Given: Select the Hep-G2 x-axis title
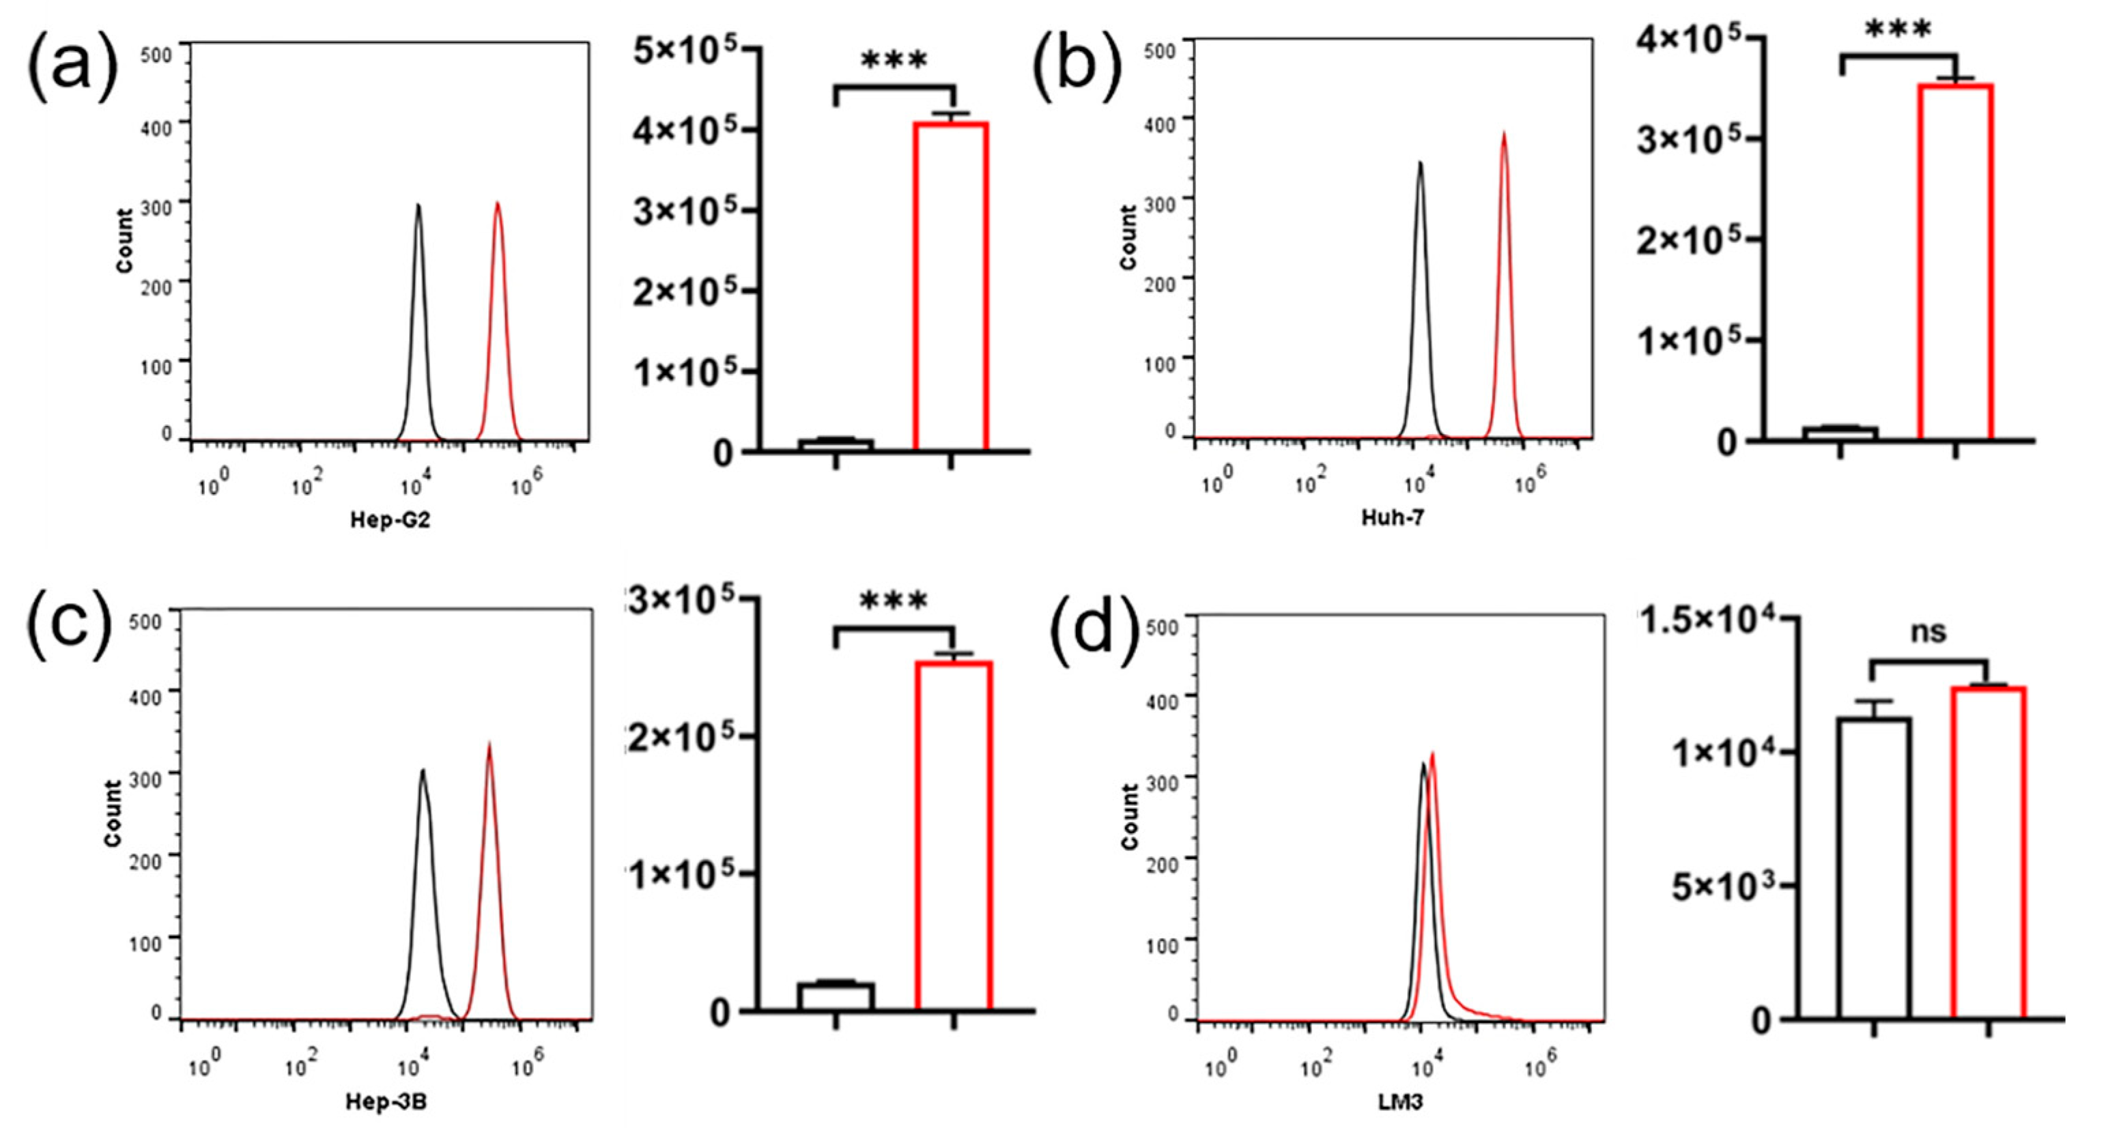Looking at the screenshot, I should click(x=390, y=520).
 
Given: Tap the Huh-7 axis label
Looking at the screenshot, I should click(x=1393, y=517).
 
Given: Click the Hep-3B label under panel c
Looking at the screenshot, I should click(x=386, y=1102).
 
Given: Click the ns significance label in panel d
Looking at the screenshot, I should click(x=1928, y=632).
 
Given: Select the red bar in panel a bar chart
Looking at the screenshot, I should click(x=951, y=286).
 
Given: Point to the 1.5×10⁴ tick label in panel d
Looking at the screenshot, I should click(x=1709, y=620).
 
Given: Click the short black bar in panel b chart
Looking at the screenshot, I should click(x=1840, y=433).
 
